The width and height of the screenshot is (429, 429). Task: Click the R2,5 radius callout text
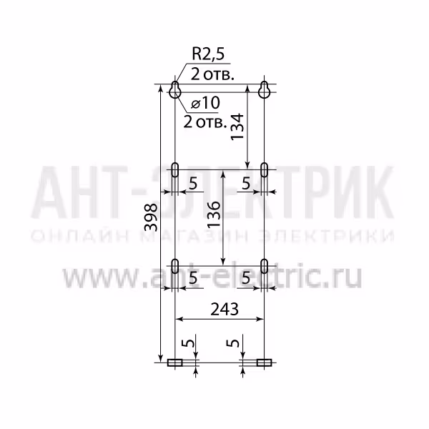[x=208, y=54]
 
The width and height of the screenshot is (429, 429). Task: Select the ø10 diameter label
[x=205, y=103]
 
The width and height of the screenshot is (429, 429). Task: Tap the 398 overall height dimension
[x=151, y=217]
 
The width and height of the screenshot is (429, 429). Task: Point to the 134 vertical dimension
[x=237, y=127]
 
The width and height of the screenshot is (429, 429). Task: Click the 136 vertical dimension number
[x=213, y=214]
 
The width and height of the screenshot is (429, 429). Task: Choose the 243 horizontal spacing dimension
[x=225, y=309]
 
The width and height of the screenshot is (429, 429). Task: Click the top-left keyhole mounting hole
[x=175, y=89]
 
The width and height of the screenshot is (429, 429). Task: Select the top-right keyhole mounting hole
[x=264, y=89]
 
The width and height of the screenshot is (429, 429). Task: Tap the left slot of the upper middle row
[x=175, y=169]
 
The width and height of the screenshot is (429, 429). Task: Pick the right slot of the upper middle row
[x=264, y=169]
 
